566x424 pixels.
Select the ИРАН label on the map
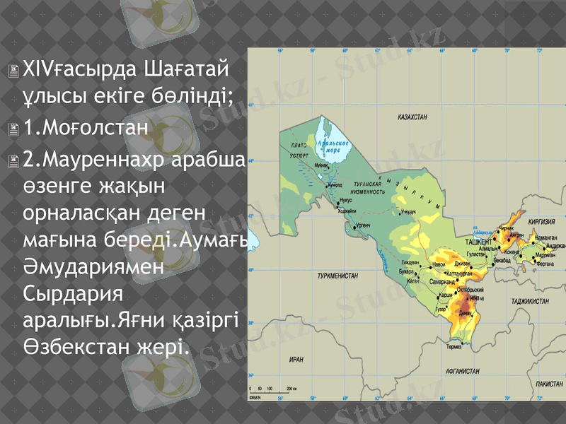[x=296, y=359]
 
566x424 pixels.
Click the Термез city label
[x=454, y=346]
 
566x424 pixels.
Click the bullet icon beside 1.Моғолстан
[x=14, y=129]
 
